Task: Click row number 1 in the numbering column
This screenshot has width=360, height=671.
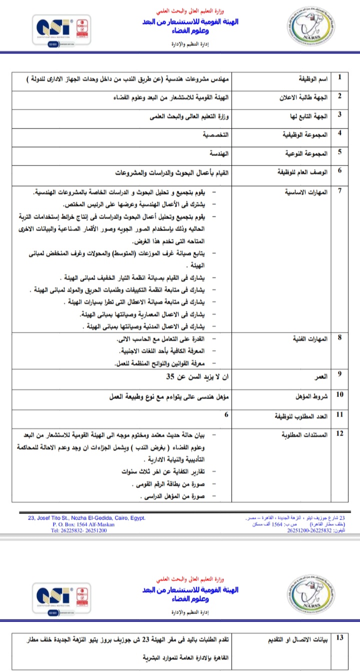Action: (340, 78)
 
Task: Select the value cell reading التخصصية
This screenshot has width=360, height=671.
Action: (213, 136)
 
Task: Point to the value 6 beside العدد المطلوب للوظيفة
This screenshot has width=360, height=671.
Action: (226, 415)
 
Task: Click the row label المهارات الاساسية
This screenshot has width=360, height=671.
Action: (305, 192)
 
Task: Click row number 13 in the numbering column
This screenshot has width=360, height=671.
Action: (340, 637)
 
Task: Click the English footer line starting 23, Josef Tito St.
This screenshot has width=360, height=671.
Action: (87, 518)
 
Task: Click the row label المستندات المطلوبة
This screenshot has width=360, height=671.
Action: (305, 434)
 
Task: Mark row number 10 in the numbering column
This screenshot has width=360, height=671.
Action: (340, 395)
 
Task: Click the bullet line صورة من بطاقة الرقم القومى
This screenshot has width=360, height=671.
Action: (170, 484)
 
